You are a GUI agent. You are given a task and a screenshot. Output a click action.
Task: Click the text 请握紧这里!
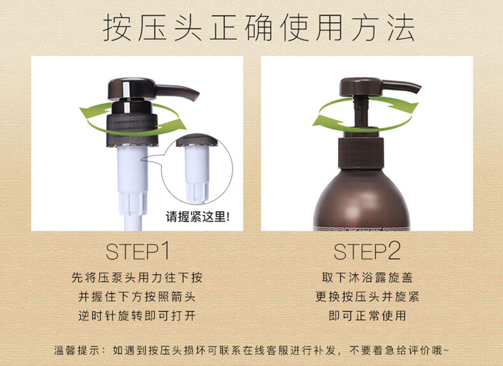198,217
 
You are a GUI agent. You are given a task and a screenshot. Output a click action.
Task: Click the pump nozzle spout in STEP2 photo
402,87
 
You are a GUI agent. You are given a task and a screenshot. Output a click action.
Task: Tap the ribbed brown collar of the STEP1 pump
132,130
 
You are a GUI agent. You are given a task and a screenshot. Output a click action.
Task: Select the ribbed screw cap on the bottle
361,153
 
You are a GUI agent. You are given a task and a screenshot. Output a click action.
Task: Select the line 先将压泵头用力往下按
137,278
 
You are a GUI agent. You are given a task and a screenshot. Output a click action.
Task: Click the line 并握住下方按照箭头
137,297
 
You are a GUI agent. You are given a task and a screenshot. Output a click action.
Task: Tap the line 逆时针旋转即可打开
137,316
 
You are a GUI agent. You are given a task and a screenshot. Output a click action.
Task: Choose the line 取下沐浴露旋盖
367,278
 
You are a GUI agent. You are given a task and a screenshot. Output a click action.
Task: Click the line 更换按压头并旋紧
367,297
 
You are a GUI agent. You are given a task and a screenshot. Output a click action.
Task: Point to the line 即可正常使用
367,316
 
